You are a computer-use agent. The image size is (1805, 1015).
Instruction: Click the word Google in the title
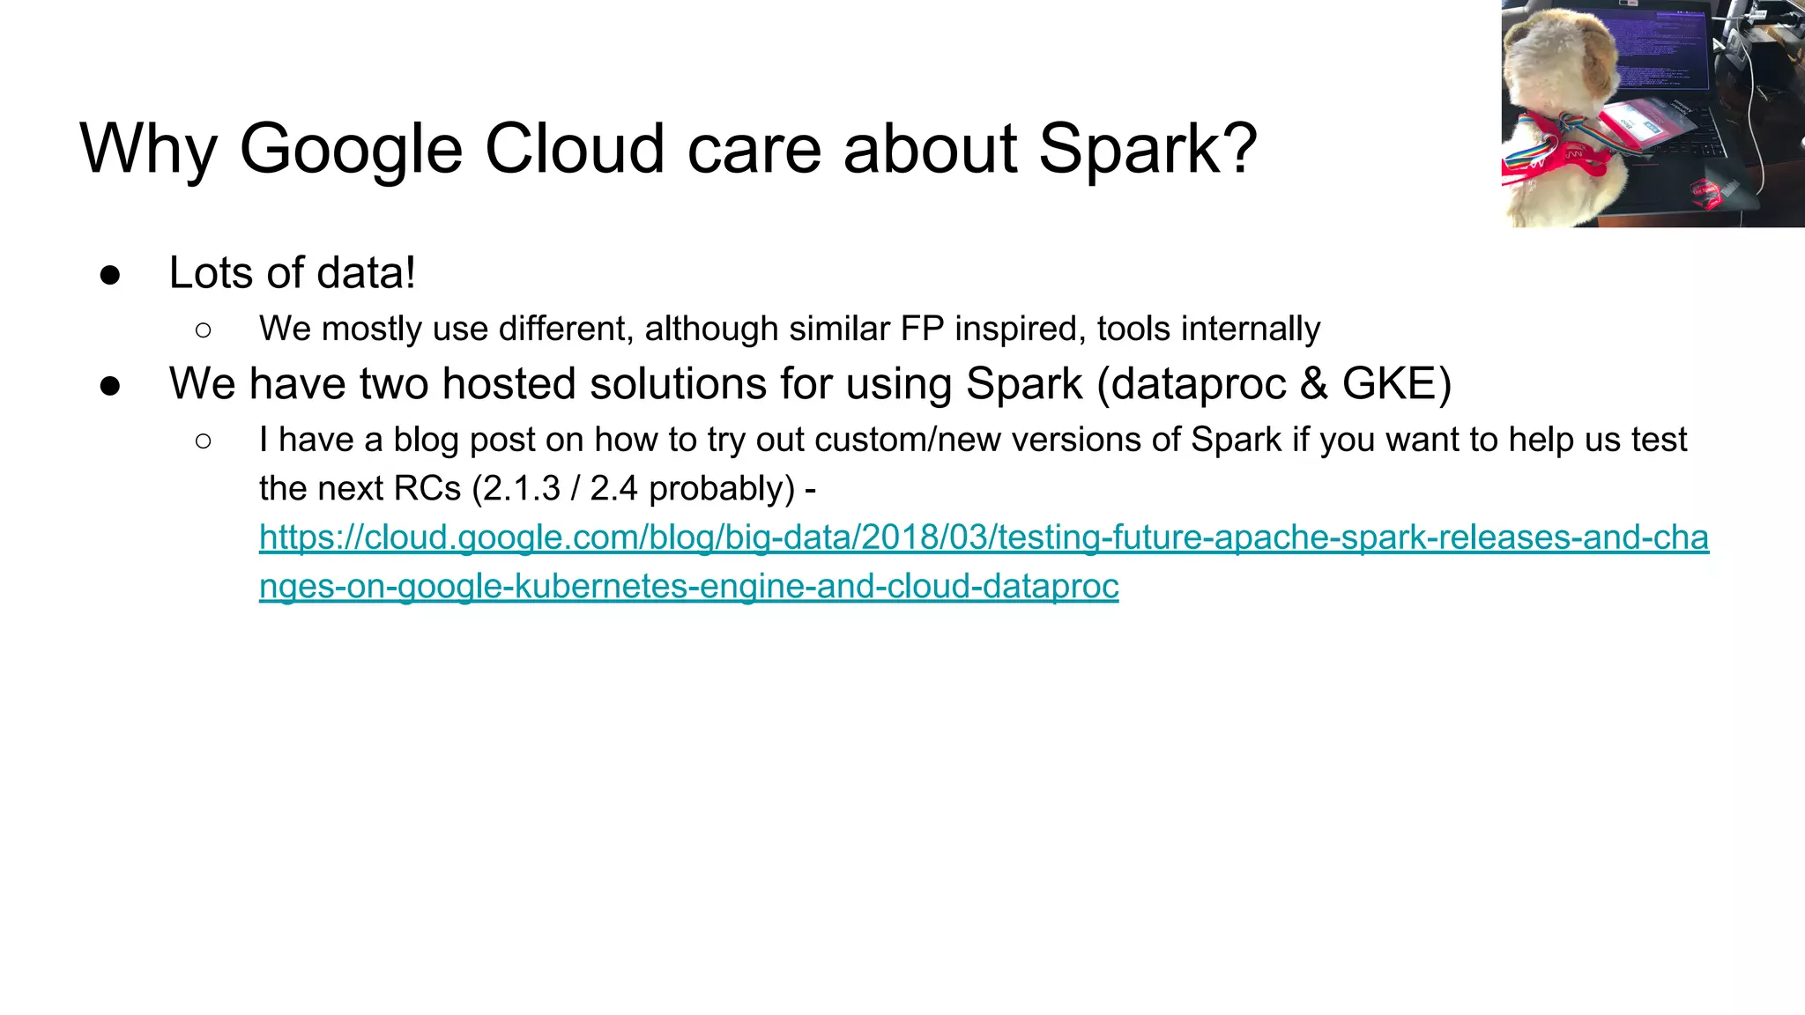350,149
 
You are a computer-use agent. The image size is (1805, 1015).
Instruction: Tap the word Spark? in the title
1148,149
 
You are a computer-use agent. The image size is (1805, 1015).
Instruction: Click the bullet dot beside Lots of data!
110,274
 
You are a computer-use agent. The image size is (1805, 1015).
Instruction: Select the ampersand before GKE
1313,384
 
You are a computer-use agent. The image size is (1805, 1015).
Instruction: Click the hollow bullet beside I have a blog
204,440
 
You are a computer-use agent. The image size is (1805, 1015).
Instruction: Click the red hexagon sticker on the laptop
1705,189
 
